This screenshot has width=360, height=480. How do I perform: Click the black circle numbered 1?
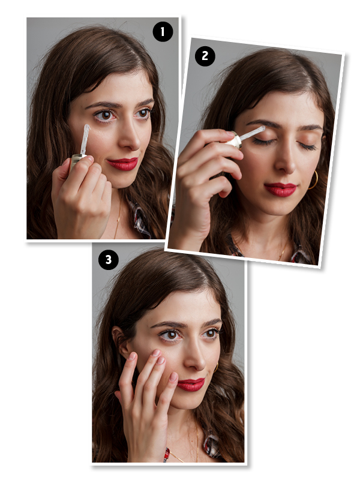coord(163,32)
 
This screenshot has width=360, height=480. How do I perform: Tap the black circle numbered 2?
coord(205,56)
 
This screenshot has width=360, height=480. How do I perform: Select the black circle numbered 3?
coord(109,260)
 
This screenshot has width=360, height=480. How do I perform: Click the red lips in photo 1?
coord(123,164)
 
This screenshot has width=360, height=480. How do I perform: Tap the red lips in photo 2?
coord(280,190)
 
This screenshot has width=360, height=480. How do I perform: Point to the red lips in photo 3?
coord(191,385)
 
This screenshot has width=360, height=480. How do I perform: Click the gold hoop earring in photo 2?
coord(314,180)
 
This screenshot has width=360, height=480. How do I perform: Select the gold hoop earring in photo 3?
coord(216,367)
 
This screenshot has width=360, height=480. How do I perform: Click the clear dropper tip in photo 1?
coord(85,140)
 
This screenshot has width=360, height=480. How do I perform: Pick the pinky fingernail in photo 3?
coord(173,377)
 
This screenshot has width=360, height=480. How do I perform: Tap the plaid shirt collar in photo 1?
coord(139,218)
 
